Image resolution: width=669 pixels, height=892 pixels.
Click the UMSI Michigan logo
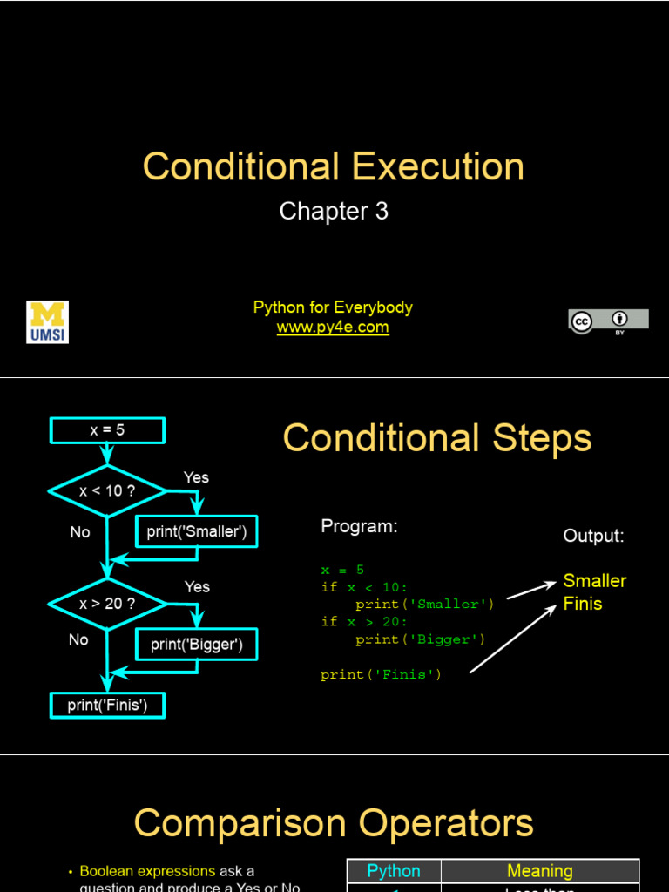pos(48,321)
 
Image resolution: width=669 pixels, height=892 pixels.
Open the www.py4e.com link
pos(333,328)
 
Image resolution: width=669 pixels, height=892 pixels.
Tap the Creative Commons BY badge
pos(609,321)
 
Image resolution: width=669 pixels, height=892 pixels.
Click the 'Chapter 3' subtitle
pos(334,211)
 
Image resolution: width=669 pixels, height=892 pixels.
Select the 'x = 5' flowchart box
pos(107,430)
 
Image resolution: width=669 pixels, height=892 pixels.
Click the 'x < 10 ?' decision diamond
pos(107,490)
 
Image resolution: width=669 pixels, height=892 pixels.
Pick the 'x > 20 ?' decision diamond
pos(107,603)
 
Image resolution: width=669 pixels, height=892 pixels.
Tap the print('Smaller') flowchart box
pos(197,531)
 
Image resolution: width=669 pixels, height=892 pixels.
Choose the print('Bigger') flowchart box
pos(197,645)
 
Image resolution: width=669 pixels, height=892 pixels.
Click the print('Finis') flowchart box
pos(107,705)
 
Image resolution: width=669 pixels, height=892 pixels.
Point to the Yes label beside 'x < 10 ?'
pos(196,477)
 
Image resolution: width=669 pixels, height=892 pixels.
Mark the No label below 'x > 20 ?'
pos(78,640)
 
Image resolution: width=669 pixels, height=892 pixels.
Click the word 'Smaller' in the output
pos(595,581)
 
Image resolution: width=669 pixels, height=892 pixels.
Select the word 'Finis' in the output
pos(583,604)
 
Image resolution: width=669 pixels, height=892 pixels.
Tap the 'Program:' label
pos(359,526)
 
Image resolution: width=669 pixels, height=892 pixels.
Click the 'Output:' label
pos(594,536)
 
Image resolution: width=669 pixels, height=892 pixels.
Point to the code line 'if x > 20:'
pos(364,622)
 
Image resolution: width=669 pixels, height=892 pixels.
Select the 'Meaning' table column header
pos(540,871)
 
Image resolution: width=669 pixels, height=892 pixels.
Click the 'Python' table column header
pos(394,871)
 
